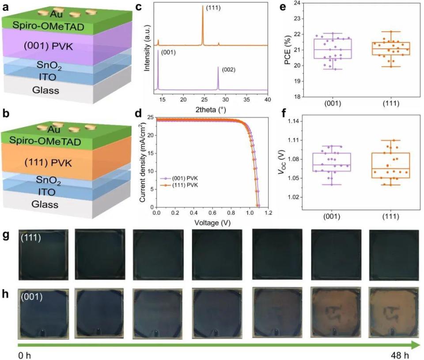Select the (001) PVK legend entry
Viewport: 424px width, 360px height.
181,178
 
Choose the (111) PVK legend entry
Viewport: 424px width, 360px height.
181,185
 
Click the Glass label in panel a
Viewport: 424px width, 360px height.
45,91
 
